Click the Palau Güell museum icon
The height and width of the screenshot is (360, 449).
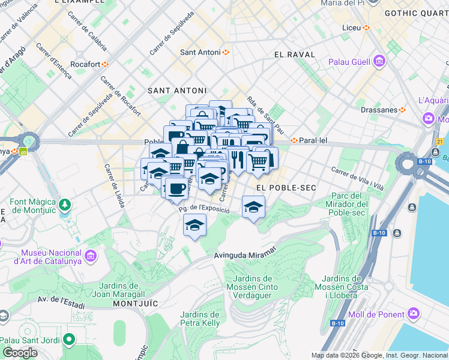(x=379, y=61)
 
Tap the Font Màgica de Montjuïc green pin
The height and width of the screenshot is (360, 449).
(x=64, y=205)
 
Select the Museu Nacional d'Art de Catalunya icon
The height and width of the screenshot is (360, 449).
(x=91, y=257)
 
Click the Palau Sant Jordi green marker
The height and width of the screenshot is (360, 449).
(x=70, y=340)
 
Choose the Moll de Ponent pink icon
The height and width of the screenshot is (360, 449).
(x=414, y=313)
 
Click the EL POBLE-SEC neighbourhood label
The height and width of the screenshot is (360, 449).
(x=286, y=188)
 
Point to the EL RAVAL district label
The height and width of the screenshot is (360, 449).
(x=295, y=55)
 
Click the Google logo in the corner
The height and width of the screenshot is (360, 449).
(x=20, y=353)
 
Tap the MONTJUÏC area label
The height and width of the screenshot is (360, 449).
(x=135, y=304)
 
